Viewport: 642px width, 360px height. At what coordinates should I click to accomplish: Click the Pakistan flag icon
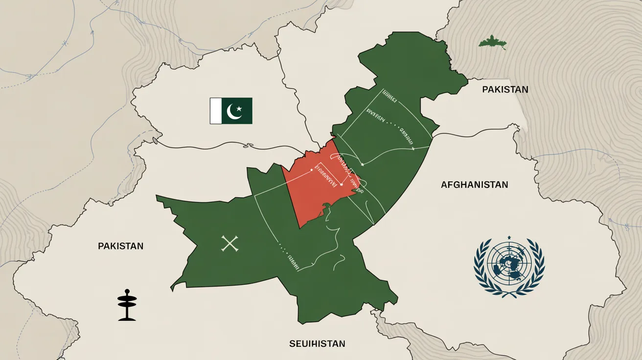[x=231, y=111]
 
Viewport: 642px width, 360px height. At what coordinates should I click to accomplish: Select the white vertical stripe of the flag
[x=216, y=111]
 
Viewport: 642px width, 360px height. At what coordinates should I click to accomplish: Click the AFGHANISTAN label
[x=474, y=185]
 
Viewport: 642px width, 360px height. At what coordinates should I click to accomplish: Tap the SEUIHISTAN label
[x=317, y=344]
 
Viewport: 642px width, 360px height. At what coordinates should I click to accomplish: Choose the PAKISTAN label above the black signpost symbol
[x=120, y=246]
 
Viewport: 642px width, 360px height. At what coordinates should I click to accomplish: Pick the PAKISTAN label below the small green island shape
[x=505, y=90]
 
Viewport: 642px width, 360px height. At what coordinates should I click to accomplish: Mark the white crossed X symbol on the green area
[x=229, y=244]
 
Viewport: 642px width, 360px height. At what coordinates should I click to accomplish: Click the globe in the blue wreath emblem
[x=509, y=265]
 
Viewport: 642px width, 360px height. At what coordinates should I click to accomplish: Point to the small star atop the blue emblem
[x=509, y=238]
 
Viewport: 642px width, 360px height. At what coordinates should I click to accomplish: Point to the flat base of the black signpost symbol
[x=127, y=319]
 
